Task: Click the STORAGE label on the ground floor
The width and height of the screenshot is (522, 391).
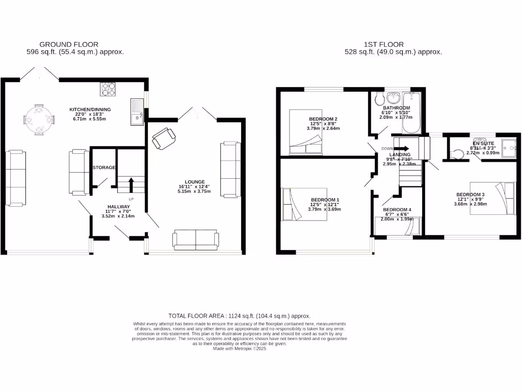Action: pyautogui.click(x=103, y=167)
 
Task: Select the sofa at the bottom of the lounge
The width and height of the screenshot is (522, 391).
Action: pyautogui.click(x=196, y=239)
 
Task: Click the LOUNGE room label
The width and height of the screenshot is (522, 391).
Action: pyautogui.click(x=195, y=182)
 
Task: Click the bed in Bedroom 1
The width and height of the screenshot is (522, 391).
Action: pyautogui.click(x=305, y=204)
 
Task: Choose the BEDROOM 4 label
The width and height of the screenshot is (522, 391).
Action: pyautogui.click(x=397, y=210)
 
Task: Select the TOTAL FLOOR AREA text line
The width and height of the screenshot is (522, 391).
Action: pyautogui.click(x=239, y=316)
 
